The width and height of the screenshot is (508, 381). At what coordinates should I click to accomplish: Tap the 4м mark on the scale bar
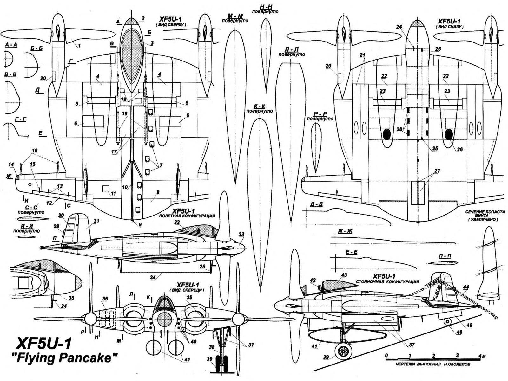482,355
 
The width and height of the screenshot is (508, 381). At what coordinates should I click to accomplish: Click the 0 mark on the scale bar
386,355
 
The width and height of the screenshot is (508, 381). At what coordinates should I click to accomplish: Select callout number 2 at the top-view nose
143,18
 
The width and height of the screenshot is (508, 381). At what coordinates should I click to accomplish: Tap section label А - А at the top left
11,45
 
